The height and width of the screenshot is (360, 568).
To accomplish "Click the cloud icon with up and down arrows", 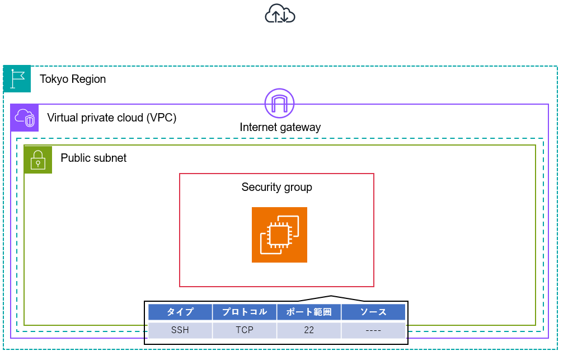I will [x=280, y=13].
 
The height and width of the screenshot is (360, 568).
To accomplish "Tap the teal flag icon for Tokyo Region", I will [x=17, y=79].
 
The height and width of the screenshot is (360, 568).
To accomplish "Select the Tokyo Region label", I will [x=73, y=79].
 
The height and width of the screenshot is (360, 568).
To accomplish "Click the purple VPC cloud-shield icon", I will [x=25, y=118].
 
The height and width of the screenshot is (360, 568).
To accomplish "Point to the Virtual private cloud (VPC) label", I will [x=112, y=118].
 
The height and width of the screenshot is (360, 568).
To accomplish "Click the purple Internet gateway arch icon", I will [x=279, y=103].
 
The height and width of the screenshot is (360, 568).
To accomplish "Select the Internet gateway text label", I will [x=280, y=127].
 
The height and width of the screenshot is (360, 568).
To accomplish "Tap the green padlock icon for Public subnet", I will [x=38, y=160].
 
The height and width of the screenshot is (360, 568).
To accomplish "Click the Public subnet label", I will [x=93, y=158].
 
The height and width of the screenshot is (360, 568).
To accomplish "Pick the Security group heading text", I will [x=276, y=187].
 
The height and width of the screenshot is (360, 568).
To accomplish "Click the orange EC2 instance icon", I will [x=279, y=235].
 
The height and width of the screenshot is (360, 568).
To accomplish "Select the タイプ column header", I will [x=180, y=312].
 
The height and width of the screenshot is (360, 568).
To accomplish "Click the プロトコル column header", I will [x=245, y=312].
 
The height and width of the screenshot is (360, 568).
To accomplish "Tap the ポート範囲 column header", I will [x=309, y=312].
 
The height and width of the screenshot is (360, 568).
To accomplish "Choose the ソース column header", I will [x=373, y=312].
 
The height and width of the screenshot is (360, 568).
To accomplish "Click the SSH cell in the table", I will [x=180, y=330].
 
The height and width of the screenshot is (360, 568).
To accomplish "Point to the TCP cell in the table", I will [x=245, y=330].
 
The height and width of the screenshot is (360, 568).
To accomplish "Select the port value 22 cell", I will [x=309, y=330].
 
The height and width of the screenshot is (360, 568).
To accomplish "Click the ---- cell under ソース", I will [x=373, y=330].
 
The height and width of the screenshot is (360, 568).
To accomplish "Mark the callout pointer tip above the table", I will [x=331, y=296].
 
